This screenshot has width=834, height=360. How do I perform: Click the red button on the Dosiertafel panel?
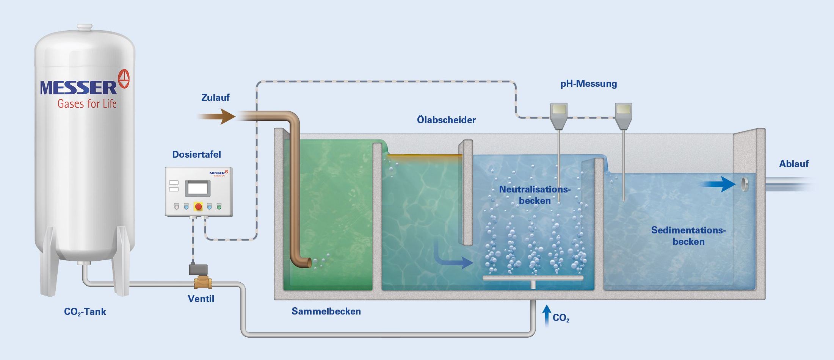tap(198, 207)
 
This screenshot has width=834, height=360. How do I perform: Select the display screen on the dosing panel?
tap(198, 188)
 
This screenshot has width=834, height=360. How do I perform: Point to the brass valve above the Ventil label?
tap(202, 283)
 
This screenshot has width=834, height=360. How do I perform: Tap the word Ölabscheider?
tap(446, 120)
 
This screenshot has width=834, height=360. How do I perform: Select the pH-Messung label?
tap(588, 84)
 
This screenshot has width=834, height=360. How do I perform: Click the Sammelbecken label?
tap(326, 311)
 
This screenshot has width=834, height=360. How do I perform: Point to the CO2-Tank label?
tap(85, 312)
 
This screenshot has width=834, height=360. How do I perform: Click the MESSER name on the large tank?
tap(79, 88)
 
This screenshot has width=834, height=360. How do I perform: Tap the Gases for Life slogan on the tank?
tap(87, 104)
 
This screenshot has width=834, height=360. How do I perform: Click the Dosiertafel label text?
tap(196, 155)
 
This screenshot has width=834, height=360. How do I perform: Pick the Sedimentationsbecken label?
tap(688, 236)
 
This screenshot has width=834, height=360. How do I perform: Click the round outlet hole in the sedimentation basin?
tap(745, 184)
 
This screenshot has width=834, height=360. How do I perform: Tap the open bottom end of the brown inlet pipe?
tap(308, 263)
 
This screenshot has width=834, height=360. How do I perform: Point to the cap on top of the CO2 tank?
tap(85, 28)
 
